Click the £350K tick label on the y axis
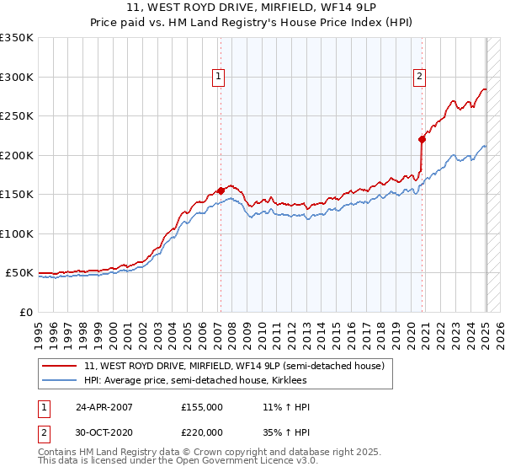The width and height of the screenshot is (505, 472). point(16,38)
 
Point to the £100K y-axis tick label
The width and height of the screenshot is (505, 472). point(16,233)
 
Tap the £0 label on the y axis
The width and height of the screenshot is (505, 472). point(25,312)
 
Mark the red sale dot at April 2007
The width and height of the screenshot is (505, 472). point(221,190)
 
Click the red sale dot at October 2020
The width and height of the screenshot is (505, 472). point(423,140)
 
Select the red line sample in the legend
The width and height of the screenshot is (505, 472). point(60,366)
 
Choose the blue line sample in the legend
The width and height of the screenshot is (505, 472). point(60,381)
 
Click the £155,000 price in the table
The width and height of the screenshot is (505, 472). point(202,407)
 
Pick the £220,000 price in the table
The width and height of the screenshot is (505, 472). point(202,432)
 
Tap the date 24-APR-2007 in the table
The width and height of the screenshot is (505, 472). point(104,407)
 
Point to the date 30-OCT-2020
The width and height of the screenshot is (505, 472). point(104,432)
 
